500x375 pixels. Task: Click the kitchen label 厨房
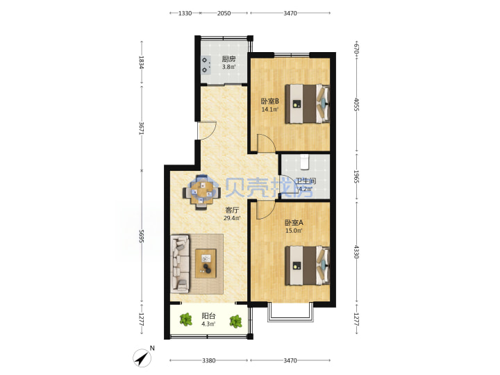[228, 59]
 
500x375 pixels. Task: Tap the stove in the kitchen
[206, 65]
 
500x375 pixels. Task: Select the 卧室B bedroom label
[269, 101]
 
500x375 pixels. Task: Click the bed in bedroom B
[307, 103]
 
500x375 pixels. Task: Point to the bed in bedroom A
[307, 265]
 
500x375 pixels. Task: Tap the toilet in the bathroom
[305, 162]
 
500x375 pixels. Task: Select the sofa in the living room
[180, 264]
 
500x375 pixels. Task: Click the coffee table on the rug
[206, 263]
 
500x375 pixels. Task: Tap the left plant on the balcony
[185, 319]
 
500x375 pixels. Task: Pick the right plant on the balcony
[235, 321]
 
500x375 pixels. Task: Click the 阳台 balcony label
[208, 316]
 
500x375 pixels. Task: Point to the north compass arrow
[142, 358]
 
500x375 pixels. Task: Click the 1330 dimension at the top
[185, 13]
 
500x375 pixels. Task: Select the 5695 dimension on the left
[142, 236]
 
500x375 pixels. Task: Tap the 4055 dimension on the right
[356, 104]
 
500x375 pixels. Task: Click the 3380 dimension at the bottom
[208, 360]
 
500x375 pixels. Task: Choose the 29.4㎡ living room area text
[232, 218]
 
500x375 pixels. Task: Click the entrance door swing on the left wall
[207, 130]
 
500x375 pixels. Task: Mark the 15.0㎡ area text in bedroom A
[294, 231]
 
